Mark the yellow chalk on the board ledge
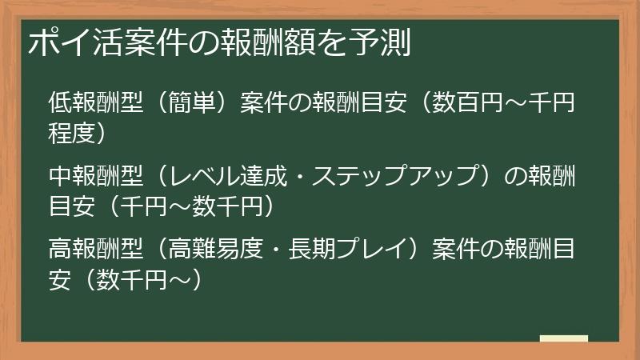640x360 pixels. pos(563,338)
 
